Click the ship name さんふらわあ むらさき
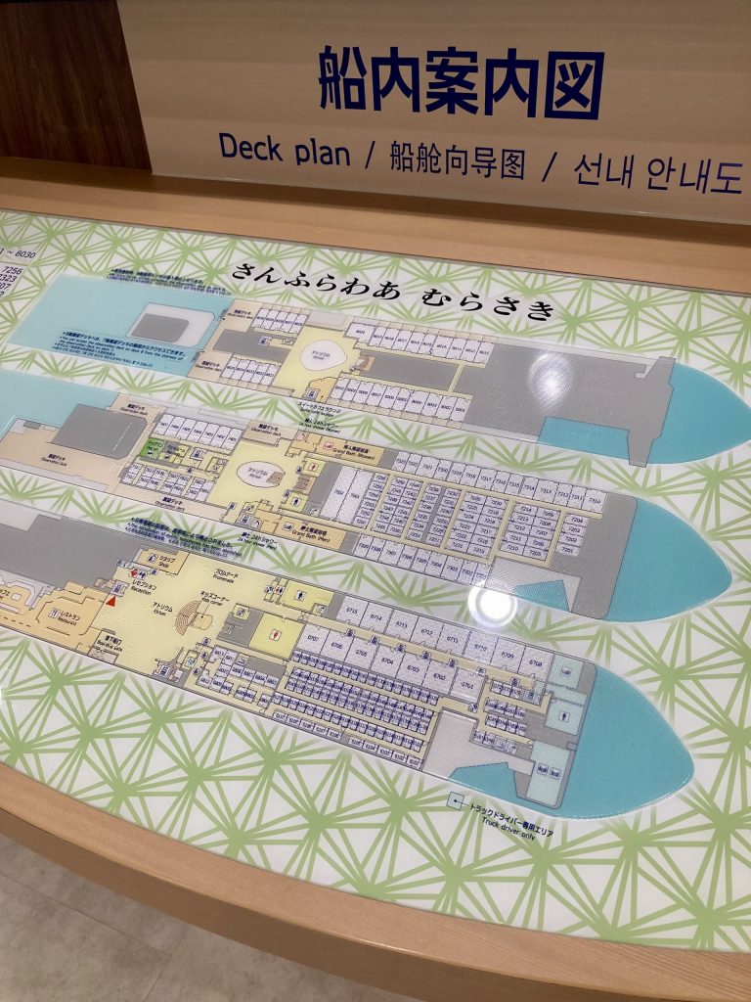pyautogui.click(x=392, y=292)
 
